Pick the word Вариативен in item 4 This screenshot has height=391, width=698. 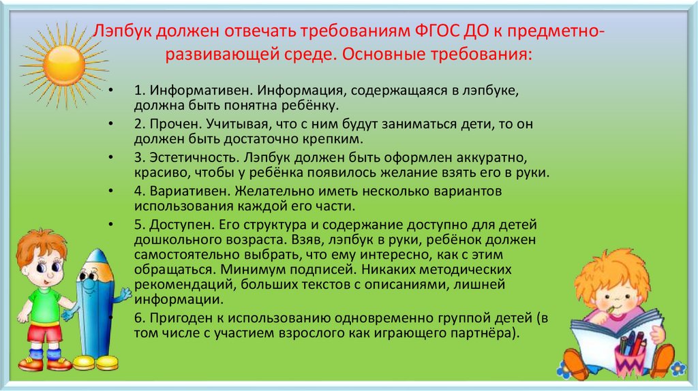pos(183,191)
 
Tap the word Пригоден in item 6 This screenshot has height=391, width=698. pos(177,318)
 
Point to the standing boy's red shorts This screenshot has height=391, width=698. pos(44,334)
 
